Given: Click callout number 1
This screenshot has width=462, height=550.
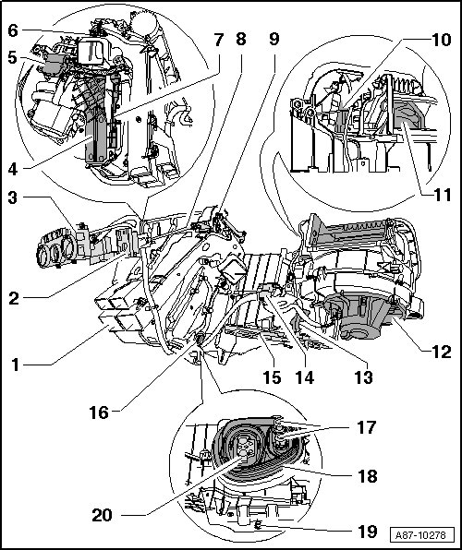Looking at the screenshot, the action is (15, 365).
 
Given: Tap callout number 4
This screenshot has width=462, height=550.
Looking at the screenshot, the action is (13, 170).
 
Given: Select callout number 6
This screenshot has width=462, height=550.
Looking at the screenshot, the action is (13, 30).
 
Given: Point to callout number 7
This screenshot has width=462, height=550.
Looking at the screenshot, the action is (219, 40).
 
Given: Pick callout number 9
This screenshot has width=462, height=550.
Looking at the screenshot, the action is (274, 40).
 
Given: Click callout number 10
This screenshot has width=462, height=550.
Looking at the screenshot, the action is (442, 40).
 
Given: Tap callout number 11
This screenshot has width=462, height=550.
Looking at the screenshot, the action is (442, 195).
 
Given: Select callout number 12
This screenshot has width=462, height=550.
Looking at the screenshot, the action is (441, 351).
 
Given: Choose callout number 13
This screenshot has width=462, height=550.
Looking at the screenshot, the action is (363, 377).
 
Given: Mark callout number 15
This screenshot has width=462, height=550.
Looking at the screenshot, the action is (272, 377).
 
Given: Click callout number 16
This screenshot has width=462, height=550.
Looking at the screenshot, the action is (99, 412).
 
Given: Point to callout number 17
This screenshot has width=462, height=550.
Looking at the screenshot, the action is (367, 427).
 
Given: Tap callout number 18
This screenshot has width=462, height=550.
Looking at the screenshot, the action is (367, 476).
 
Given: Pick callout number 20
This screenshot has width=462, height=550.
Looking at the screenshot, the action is (103, 515).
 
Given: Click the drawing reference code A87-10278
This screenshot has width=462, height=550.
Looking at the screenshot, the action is (421, 535).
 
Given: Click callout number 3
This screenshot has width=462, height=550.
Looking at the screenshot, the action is (13, 197).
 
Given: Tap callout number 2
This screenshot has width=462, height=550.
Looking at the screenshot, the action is (13, 299).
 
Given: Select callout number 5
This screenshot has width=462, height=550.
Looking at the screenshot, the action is (13, 58).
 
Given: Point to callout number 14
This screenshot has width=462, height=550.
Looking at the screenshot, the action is (304, 377).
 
